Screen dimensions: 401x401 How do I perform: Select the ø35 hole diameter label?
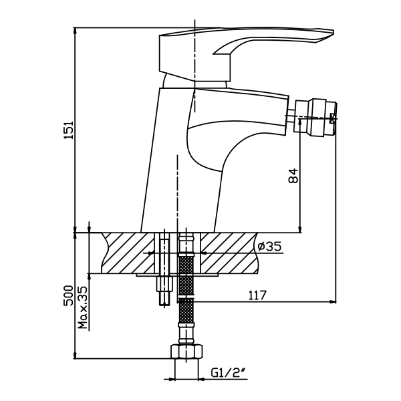(x=269, y=247)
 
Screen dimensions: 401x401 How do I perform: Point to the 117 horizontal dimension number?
(x=257, y=294)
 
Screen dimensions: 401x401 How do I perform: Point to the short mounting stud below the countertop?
(x=162, y=291)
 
